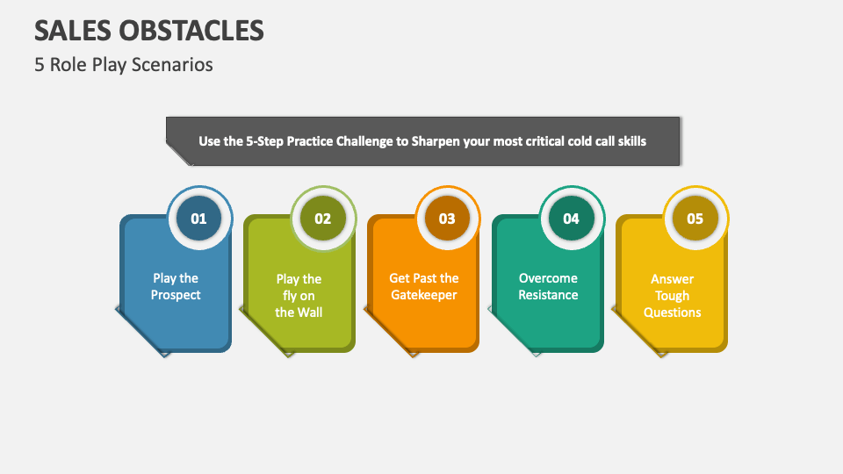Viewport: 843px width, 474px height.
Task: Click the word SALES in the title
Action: coord(68,30)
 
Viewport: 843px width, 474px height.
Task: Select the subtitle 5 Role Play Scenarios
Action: coord(124,65)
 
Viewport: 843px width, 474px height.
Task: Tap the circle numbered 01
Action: coord(198,219)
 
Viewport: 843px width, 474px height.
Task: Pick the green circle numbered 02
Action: coord(323,219)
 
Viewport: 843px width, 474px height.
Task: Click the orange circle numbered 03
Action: coord(447,219)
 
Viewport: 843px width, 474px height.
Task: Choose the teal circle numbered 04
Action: coord(571,219)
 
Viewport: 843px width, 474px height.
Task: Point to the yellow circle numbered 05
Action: coord(695,219)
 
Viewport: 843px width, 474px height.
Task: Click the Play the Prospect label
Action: coord(176,287)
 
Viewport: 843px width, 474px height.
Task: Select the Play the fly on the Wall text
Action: coord(299,296)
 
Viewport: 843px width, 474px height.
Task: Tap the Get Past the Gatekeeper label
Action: coord(423,287)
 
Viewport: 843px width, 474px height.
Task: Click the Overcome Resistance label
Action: coord(548,287)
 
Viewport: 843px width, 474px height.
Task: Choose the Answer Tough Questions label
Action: coord(672,296)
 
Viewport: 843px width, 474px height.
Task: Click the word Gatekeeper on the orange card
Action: coord(423,295)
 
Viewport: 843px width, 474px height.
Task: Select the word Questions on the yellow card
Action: coord(672,312)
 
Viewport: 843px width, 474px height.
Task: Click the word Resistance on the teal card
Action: coord(548,295)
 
